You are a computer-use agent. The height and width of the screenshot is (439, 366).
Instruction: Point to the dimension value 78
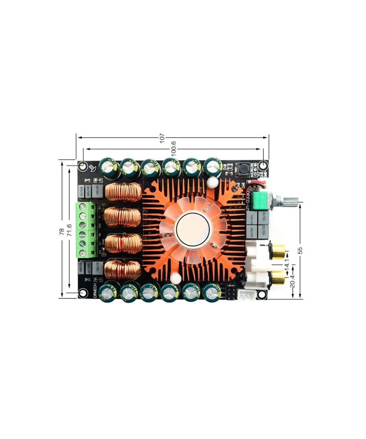coord(61,231)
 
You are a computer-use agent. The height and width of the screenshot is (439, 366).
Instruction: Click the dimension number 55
coord(300,250)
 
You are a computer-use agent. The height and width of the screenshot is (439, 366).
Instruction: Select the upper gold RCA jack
coord(278,251)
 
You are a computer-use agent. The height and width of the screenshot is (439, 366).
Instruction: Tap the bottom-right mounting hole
coord(261,294)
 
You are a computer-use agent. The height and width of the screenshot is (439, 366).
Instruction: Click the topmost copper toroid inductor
coord(123,192)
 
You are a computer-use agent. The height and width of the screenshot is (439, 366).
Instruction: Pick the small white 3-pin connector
coord(246,294)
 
